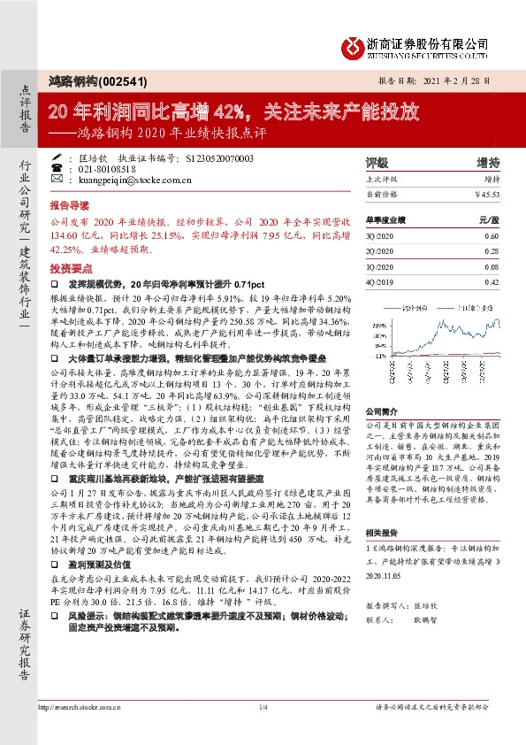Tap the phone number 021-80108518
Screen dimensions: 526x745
(x=107, y=169)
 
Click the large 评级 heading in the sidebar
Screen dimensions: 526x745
(x=377, y=163)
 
